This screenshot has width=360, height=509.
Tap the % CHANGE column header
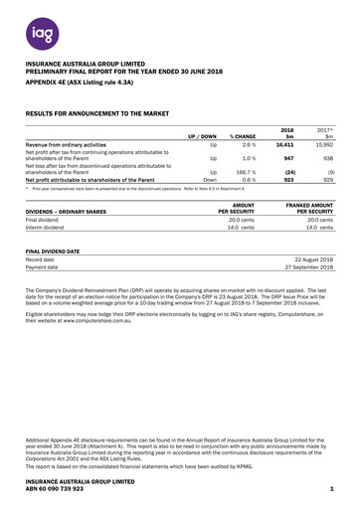click(244, 135)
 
